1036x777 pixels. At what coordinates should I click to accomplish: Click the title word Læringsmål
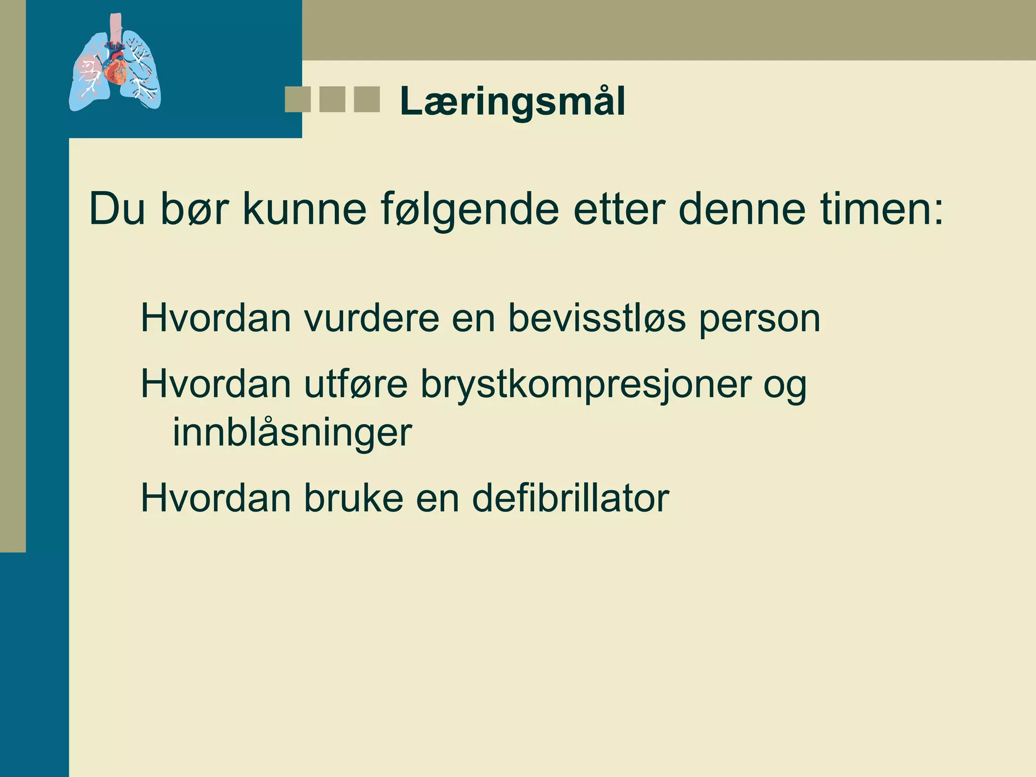point(512,102)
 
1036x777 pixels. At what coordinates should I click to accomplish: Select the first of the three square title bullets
point(297,99)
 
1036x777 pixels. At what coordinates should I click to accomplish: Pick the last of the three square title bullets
point(367,99)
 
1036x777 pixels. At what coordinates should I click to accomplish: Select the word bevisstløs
point(597,319)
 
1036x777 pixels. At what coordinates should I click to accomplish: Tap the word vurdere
point(371,319)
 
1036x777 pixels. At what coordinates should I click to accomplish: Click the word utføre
point(355,384)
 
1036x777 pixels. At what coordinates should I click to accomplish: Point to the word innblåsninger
point(292,433)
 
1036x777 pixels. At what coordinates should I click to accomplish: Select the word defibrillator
point(570,498)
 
